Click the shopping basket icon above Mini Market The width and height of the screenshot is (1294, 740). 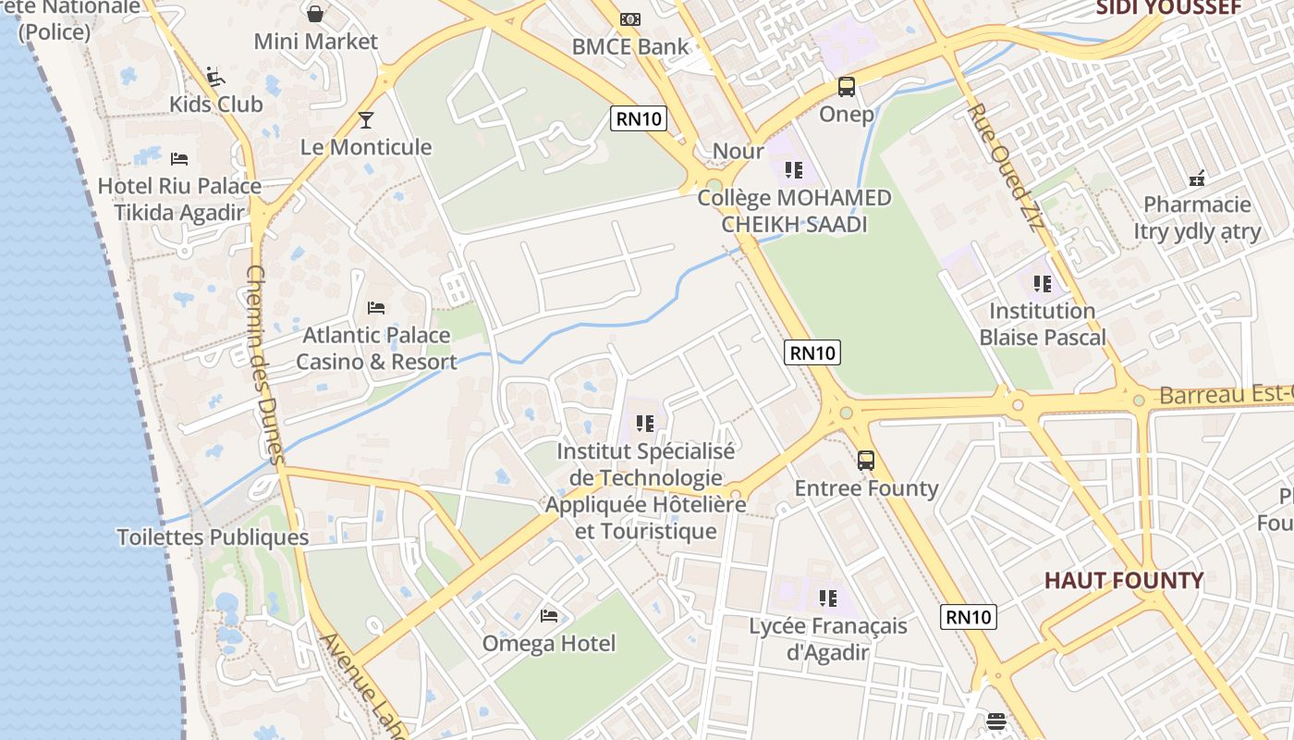click(x=315, y=14)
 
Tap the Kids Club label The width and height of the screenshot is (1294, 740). click(x=216, y=105)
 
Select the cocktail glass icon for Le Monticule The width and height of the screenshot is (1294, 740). click(x=366, y=119)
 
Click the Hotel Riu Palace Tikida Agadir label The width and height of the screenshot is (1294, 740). click(x=179, y=199)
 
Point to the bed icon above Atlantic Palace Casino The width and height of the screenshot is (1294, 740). click(x=375, y=307)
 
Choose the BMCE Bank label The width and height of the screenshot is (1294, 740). click(x=630, y=46)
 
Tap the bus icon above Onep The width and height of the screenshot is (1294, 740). click(x=846, y=87)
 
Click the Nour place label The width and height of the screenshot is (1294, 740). click(x=738, y=151)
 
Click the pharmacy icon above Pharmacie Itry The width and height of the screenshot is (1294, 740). click(x=1197, y=179)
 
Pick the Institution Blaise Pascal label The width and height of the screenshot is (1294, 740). click(x=1043, y=324)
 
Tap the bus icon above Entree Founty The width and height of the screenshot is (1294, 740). click(x=866, y=460)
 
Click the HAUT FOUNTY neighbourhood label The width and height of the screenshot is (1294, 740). click(x=1124, y=581)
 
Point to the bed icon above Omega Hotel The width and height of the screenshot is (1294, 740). click(x=549, y=616)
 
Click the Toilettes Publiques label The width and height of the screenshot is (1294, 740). click(x=213, y=537)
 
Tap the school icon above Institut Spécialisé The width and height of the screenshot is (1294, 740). click(x=644, y=424)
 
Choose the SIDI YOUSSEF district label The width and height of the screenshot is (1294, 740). click(x=1168, y=8)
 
